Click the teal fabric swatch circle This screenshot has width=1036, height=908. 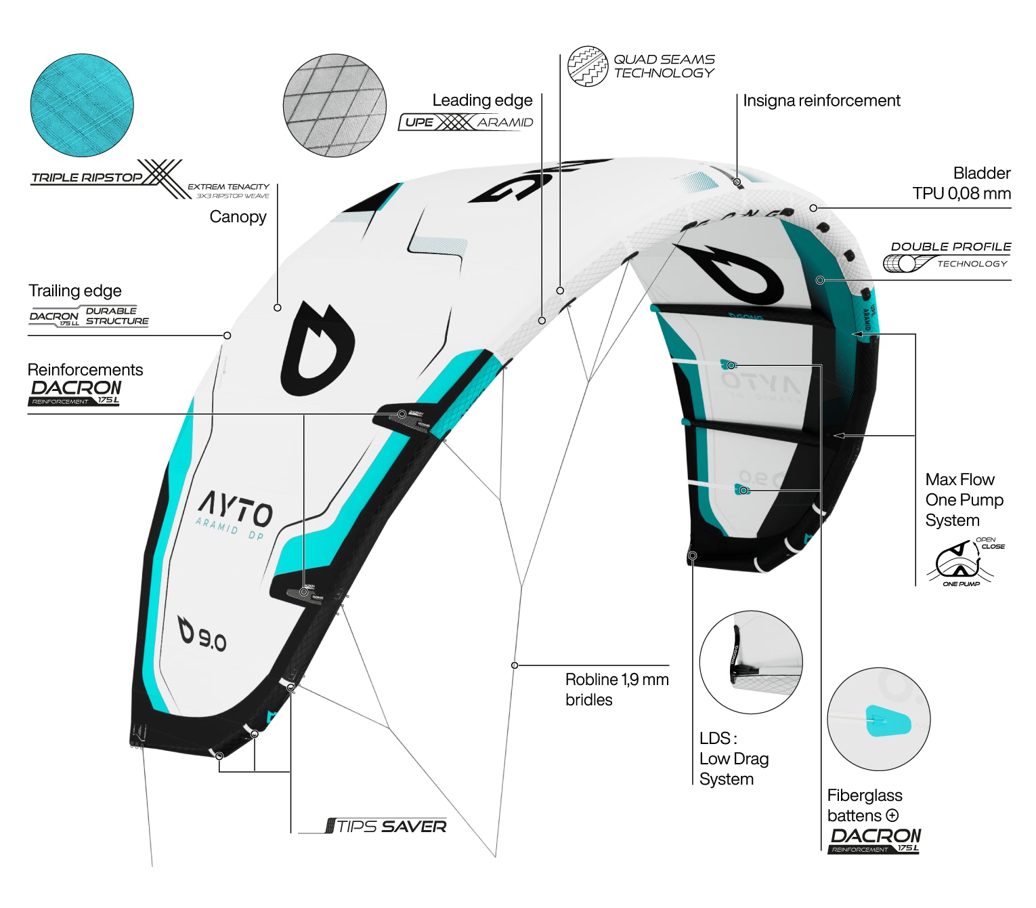[82, 106]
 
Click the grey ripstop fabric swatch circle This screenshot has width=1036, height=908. [334, 106]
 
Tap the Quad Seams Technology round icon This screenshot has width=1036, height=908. [587, 66]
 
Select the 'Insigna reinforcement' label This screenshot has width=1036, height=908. [821, 101]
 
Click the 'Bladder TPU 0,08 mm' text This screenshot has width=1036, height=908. [962, 183]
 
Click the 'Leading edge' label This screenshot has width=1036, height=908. [482, 100]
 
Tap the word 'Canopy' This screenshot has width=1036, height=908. [238, 217]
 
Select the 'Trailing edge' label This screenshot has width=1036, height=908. [75, 291]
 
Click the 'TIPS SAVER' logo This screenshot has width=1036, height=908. [387, 826]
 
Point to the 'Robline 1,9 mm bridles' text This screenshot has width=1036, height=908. [616, 689]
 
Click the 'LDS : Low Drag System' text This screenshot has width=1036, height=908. [733, 759]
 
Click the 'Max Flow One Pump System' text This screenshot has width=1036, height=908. [964, 500]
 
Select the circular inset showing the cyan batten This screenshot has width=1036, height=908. [878, 719]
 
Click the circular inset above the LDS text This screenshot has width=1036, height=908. [750, 662]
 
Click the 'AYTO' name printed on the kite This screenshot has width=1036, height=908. [236, 508]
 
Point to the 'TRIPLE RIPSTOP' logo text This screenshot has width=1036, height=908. [87, 178]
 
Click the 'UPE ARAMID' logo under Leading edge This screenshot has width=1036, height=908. [467, 122]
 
